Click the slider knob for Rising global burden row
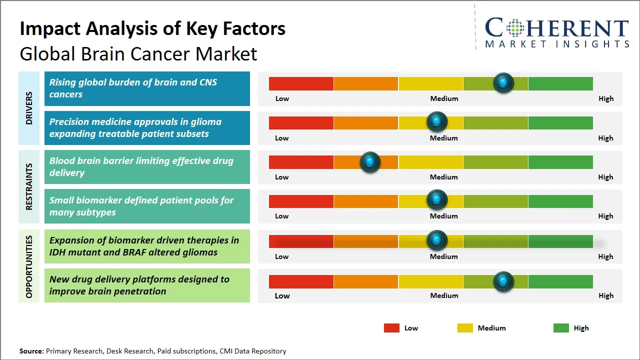pyautogui.click(x=503, y=82)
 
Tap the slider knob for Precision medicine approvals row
pyautogui.click(x=437, y=121)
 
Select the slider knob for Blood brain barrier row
pyautogui.click(x=370, y=162)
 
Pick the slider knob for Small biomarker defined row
pyautogui.click(x=437, y=199)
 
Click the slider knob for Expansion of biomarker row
pyautogui.click(x=437, y=240)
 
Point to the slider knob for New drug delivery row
pyautogui.click(x=503, y=281)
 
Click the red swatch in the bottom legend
pyautogui.click(x=391, y=328)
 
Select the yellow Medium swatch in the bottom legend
pyautogui.click(x=465, y=328)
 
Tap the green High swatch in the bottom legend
pyautogui.click(x=561, y=328)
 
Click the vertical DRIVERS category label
pyautogui.click(x=28, y=108)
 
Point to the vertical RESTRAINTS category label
pyautogui.click(x=28, y=186)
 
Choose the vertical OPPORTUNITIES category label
pyautogui.click(x=28, y=266)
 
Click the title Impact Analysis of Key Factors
pyautogui.click(x=152, y=28)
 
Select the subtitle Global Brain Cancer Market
pyautogui.click(x=138, y=53)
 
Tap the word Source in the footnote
pyautogui.click(x=31, y=351)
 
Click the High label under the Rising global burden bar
pyautogui.click(x=605, y=98)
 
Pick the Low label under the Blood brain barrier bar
pyautogui.click(x=282, y=177)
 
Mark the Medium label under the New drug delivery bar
pyautogui.click(x=444, y=295)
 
